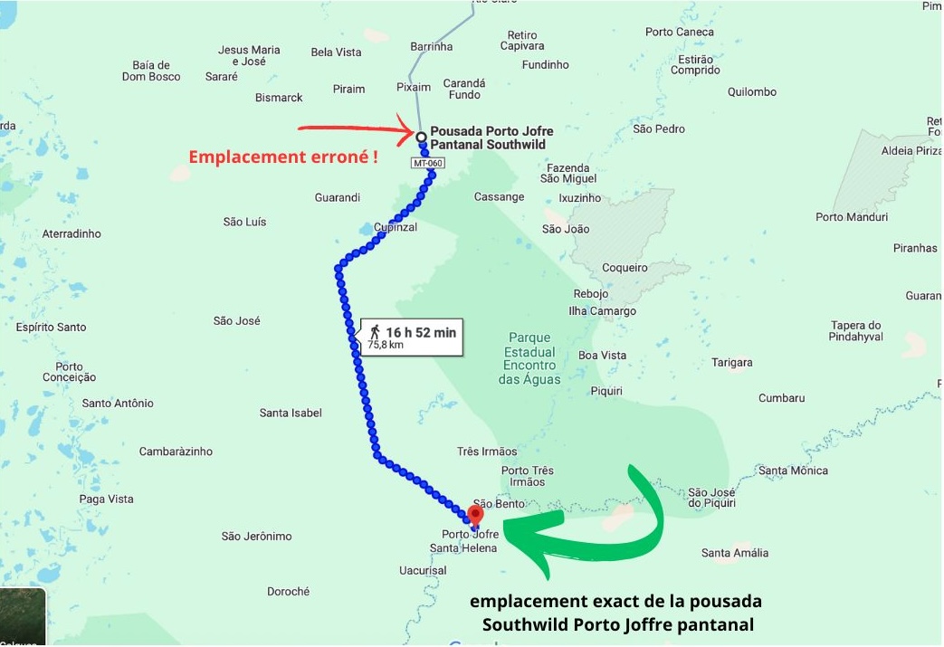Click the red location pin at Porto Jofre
coord(475,514)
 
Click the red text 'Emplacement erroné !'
coord(282,157)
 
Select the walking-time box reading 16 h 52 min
coord(412,338)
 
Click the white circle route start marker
coord(421,137)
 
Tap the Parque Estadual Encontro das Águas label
coord(529,358)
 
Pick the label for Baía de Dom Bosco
coord(151,71)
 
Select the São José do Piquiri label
coord(711,497)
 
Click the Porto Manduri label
coord(852,217)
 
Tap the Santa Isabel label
coord(291,413)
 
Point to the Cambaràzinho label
coord(176,452)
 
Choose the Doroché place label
coord(288,591)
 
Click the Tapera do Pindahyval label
coord(855,331)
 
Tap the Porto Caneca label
coord(679,32)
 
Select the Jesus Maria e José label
coord(249,55)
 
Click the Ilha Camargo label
coord(602,311)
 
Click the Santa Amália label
coord(735,553)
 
